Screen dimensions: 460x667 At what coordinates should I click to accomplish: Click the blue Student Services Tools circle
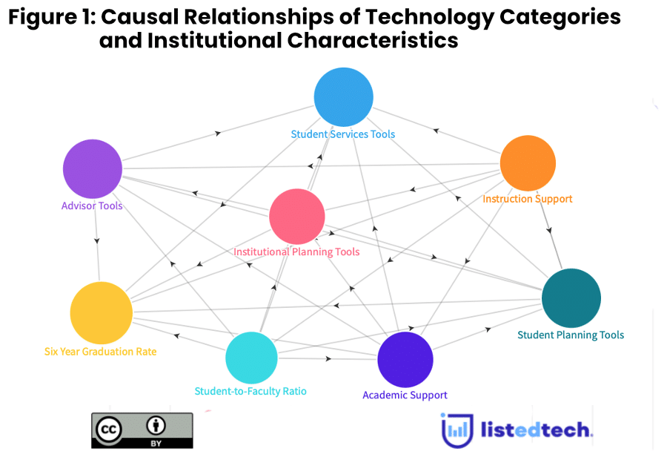tap(343, 96)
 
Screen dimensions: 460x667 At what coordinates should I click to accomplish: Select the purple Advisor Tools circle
tap(93, 168)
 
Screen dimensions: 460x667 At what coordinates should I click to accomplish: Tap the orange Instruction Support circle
tap(528, 163)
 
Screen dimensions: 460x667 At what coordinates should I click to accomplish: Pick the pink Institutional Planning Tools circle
tap(297, 216)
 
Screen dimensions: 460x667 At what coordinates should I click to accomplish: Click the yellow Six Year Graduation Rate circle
tap(101, 312)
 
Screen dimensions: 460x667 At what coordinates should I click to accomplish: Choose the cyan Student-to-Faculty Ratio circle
tap(251, 358)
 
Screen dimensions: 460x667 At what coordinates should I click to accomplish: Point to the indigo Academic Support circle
tap(405, 360)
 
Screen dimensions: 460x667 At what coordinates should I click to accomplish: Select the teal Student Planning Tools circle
tap(571, 298)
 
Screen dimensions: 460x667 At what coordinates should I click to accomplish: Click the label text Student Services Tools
tap(342, 134)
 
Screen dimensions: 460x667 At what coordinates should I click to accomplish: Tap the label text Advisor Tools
tap(92, 206)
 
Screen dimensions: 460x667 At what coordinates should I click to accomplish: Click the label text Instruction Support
tap(527, 199)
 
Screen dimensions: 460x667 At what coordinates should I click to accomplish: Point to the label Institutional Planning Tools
tap(296, 252)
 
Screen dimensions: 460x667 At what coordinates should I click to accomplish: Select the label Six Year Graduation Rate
tap(100, 352)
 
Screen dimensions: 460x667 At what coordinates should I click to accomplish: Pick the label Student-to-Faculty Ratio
tap(250, 391)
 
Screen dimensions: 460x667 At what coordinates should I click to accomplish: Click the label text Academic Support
tap(405, 395)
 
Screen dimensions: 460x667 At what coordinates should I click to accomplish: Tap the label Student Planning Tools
tap(570, 335)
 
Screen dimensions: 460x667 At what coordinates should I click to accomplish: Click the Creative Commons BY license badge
tap(142, 430)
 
